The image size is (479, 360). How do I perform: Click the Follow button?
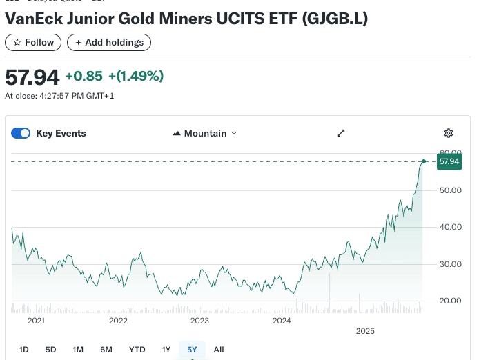coord(33,42)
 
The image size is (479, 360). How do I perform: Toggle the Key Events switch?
coord(21,133)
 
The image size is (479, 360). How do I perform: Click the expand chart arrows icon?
coord(340,133)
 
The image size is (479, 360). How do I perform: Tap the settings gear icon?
coord(449,133)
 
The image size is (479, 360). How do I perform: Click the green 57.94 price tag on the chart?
coord(449,161)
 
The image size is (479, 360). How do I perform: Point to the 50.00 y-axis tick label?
coord(449,190)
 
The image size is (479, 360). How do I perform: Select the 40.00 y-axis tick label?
coord(449,227)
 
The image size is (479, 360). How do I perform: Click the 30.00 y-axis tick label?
coord(449,263)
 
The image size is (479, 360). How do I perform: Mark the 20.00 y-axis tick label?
coord(449,301)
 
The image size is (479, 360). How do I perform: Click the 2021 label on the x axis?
coord(36,320)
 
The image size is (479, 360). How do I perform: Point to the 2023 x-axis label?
coord(199,320)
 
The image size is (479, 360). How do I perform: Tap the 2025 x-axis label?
coord(365,331)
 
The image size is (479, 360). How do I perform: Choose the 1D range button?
coord(23,350)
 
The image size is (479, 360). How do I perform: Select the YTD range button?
coord(137,350)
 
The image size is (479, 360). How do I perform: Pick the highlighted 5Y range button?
coord(192,350)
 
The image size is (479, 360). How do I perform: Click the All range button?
coord(219,350)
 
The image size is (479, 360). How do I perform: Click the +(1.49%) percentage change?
coord(136,76)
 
